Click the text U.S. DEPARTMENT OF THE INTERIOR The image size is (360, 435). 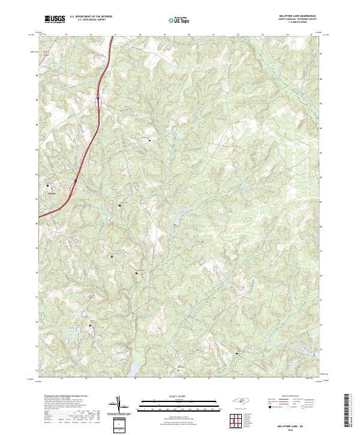coord(91,17)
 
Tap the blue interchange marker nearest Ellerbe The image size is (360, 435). coord(76,181)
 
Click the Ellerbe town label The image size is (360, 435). coord(51,193)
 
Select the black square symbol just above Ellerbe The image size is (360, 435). coord(48,186)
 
